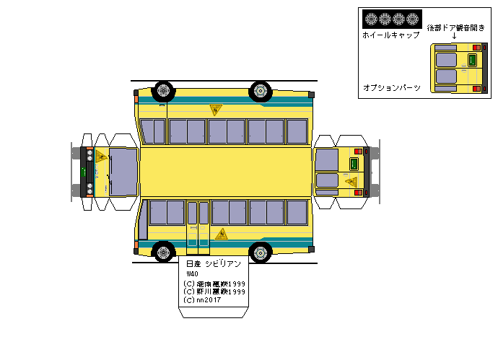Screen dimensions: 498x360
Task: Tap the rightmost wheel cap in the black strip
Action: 412,19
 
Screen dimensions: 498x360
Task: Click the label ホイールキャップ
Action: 390,35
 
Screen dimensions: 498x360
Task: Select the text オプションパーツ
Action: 391,87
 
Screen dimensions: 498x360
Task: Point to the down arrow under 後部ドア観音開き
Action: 454,35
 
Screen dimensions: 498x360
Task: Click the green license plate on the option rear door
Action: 473,61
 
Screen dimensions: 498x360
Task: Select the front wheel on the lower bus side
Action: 165,252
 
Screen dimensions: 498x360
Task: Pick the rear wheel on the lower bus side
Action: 259,252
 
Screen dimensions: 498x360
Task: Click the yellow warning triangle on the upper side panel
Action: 215,110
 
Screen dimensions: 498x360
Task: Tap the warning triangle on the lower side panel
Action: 222,234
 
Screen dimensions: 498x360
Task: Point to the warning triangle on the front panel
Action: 101,158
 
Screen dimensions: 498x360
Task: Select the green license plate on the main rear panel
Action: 353,164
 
